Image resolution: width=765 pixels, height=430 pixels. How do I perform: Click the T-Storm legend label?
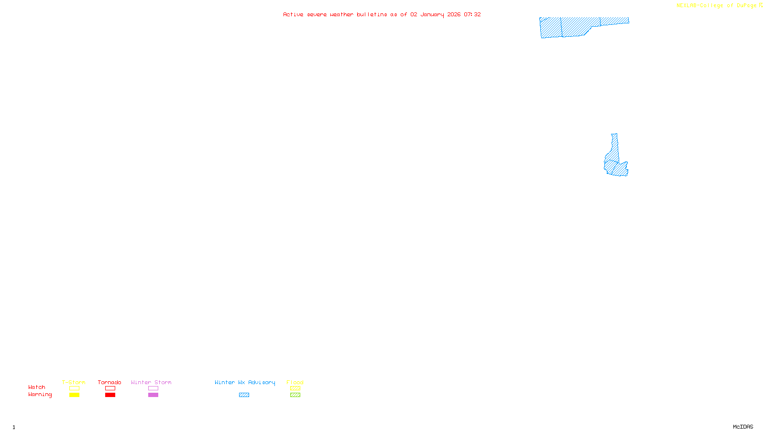pos(74,382)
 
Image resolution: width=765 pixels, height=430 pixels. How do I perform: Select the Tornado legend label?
pos(109,382)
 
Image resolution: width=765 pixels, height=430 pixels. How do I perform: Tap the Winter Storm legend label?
pos(151,382)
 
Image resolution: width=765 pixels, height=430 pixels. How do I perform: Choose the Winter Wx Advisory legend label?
pos(245,382)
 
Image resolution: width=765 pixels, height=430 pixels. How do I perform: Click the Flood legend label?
pos(295,382)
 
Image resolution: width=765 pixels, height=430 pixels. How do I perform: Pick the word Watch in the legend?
pos(37,387)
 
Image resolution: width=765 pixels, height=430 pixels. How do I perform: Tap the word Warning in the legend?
pos(40,395)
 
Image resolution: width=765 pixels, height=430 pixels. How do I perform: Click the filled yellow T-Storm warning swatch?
pos(74,395)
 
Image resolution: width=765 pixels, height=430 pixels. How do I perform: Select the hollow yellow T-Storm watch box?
pos(74,388)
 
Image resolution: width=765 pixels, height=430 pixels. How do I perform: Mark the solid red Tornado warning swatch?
pos(110,395)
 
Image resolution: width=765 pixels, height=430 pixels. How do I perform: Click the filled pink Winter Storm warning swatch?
pos(153,395)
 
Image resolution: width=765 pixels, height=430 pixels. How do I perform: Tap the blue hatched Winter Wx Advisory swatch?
pos(244,395)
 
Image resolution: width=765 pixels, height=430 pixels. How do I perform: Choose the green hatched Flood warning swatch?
pos(295,395)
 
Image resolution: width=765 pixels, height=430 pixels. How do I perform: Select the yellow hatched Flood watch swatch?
pos(295,388)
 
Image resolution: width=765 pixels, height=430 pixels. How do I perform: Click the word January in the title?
pos(432,14)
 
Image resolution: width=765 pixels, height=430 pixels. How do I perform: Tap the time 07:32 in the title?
pos(472,14)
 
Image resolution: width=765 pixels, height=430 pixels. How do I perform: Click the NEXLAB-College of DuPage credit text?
pos(716,6)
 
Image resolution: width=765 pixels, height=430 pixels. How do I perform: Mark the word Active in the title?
pos(293,14)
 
